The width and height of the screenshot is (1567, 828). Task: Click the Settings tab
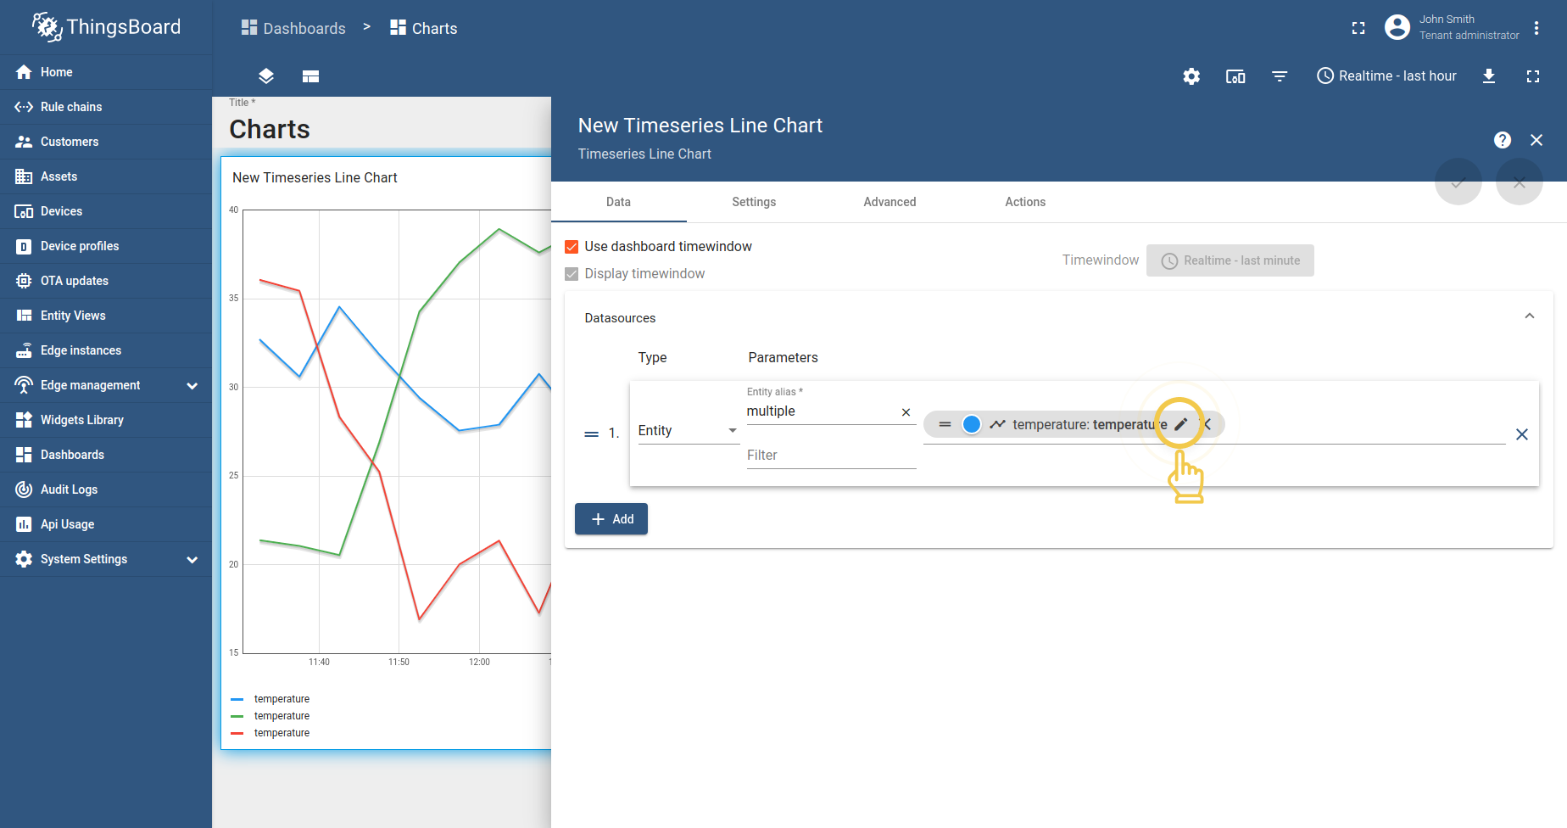click(754, 202)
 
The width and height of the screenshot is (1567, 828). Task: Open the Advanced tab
click(889, 202)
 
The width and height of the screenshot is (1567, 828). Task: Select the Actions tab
click(1025, 202)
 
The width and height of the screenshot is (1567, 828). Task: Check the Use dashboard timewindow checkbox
click(572, 247)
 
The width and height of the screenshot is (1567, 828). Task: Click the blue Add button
click(611, 519)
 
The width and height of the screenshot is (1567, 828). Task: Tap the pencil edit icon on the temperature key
click(1180, 424)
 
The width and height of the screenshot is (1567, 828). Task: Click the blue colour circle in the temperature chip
click(972, 424)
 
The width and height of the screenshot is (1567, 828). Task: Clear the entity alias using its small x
click(906, 412)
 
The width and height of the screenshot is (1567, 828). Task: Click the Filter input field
click(830, 456)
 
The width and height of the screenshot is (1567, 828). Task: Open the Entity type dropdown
click(688, 431)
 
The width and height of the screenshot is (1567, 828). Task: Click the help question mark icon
click(1502, 140)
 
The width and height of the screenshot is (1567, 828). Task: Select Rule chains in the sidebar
click(71, 107)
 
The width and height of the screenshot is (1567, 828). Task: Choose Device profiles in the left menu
click(80, 246)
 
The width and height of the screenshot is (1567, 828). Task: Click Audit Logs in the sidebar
click(69, 490)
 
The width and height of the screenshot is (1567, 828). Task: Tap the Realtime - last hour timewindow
click(1386, 76)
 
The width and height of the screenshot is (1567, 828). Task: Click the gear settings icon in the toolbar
click(1191, 76)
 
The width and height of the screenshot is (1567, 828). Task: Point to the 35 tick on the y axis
click(233, 299)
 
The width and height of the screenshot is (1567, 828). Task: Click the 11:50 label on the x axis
click(399, 662)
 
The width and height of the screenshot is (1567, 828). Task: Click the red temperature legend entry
click(282, 733)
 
